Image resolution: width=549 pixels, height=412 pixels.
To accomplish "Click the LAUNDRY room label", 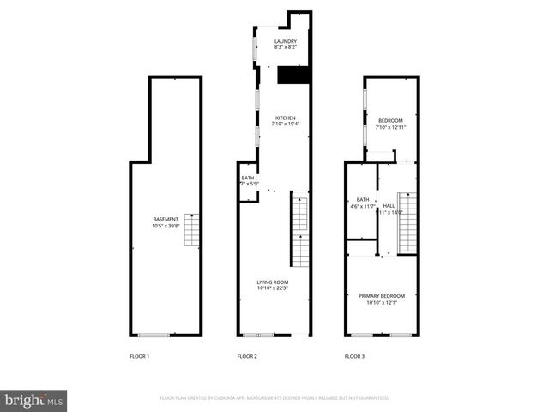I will (x=286, y=41).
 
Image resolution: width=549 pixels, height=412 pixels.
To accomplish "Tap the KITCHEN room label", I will (x=286, y=118).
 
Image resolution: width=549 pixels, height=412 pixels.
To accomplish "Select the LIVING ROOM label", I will (x=273, y=282).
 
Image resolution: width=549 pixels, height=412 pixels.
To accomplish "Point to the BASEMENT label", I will (x=166, y=219).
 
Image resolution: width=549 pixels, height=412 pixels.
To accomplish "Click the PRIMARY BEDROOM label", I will (x=382, y=296).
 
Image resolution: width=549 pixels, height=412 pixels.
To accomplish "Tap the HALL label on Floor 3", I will (x=389, y=206).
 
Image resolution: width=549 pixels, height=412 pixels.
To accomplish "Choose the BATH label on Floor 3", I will (x=363, y=199).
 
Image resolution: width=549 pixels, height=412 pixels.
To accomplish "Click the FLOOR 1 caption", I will (x=139, y=355).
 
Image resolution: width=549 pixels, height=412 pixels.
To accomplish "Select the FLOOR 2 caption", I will (x=247, y=355).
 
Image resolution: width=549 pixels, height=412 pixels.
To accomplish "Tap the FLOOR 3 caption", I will (x=355, y=355).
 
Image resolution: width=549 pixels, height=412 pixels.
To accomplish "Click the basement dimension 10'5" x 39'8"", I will (x=166, y=226).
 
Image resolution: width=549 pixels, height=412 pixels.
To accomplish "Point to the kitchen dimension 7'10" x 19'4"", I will (x=286, y=124).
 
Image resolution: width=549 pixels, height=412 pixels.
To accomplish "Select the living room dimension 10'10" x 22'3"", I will (x=273, y=289).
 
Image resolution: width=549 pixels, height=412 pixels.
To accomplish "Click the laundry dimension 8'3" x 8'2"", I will (x=286, y=48).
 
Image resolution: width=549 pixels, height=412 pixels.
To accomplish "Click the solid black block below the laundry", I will (x=294, y=76).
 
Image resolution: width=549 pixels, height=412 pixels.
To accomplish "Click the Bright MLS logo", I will (x=33, y=400).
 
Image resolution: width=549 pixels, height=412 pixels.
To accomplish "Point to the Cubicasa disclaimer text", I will (x=274, y=398).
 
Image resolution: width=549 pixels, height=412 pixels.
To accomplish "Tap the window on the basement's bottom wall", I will (x=154, y=334).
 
